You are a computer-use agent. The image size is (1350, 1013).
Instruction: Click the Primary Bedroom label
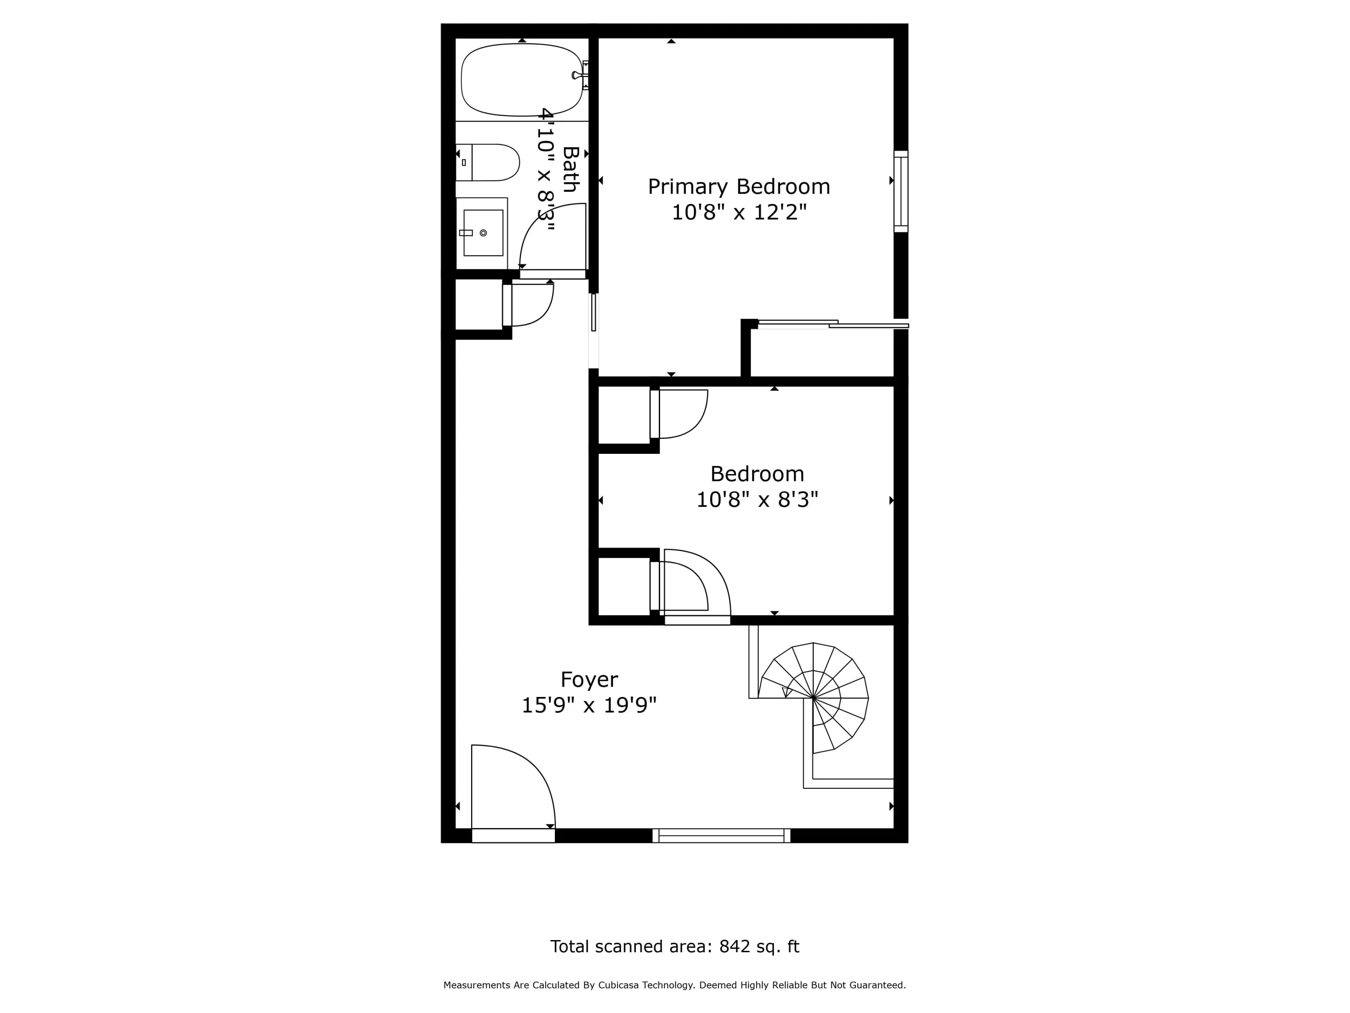[x=738, y=187]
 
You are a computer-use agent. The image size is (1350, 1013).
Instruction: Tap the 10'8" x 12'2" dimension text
[x=739, y=213]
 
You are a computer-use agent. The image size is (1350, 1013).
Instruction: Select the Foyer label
[x=589, y=679]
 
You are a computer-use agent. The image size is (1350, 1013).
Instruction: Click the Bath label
[x=570, y=169]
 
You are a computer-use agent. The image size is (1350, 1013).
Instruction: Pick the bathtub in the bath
[x=522, y=79]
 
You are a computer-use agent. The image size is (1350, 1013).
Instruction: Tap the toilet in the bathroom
[x=487, y=163]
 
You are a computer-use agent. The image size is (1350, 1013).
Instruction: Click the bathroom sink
[x=482, y=233]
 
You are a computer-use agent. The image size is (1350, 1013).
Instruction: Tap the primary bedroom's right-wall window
[x=901, y=191]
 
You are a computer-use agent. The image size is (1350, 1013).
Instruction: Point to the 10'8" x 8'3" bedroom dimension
[x=757, y=500]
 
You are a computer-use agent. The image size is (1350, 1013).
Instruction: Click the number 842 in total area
[x=734, y=946]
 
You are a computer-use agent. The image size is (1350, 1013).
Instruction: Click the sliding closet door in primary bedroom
[x=833, y=324]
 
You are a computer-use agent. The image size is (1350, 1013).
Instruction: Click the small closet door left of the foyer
[x=528, y=305]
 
